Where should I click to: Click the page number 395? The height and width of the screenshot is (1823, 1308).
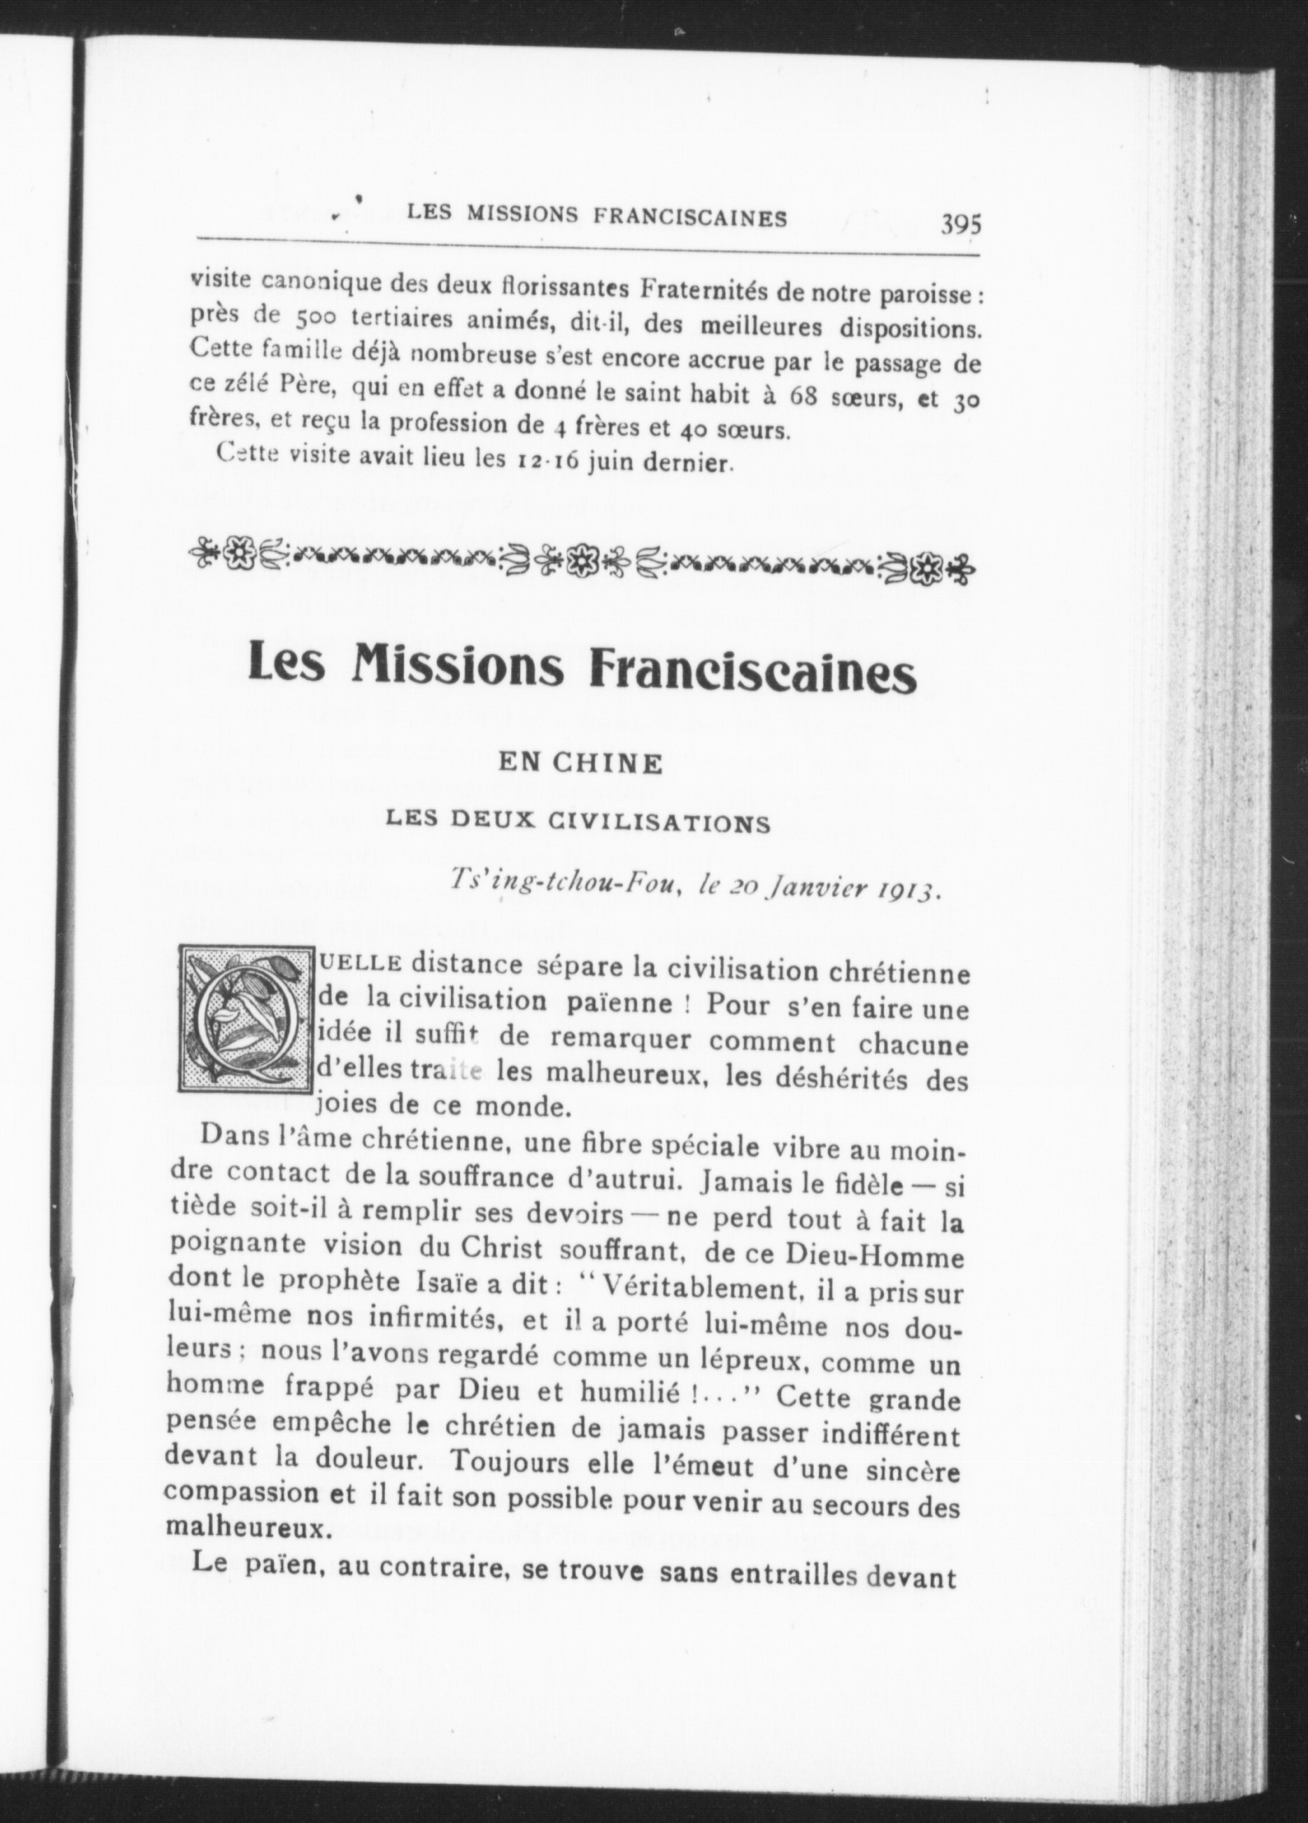click(961, 224)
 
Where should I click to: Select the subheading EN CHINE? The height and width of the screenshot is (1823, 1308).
click(580, 764)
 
